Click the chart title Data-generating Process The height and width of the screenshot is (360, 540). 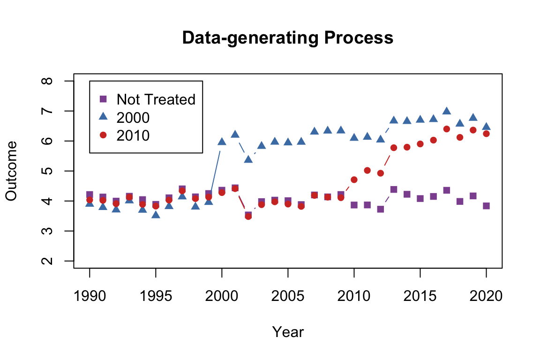287,38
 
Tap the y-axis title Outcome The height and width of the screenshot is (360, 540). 11,171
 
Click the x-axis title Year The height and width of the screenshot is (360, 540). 288,332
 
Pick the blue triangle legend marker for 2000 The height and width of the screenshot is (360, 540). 104,117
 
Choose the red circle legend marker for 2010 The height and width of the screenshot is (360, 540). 104,135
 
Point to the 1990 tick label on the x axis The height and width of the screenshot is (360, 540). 90,296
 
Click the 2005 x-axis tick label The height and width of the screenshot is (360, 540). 288,296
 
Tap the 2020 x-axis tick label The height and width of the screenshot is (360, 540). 486,296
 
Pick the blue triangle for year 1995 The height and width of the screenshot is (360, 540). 156,215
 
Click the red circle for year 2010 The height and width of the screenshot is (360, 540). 354,180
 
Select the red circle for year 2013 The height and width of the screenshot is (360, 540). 394,148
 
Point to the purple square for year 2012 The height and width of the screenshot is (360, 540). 381,209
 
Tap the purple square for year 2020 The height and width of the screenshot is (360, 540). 486,206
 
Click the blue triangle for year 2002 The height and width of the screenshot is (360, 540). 248,159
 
